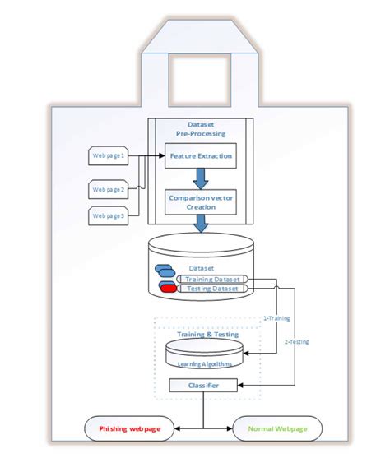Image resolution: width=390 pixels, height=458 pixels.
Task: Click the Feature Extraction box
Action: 200,155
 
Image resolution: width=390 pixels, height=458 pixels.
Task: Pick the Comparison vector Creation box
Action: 200,202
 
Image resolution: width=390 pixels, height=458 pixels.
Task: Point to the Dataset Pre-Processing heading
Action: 200,127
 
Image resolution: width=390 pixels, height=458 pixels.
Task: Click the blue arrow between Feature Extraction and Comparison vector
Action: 200,178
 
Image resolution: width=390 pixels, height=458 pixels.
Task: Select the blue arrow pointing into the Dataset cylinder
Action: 200,226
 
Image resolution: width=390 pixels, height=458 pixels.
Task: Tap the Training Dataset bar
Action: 213,280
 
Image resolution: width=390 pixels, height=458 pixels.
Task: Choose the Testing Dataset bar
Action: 213,289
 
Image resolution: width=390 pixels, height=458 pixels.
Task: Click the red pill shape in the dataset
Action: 169,289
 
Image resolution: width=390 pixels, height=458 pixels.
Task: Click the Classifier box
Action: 204,385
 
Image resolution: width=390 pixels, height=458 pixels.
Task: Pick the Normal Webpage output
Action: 278,428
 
